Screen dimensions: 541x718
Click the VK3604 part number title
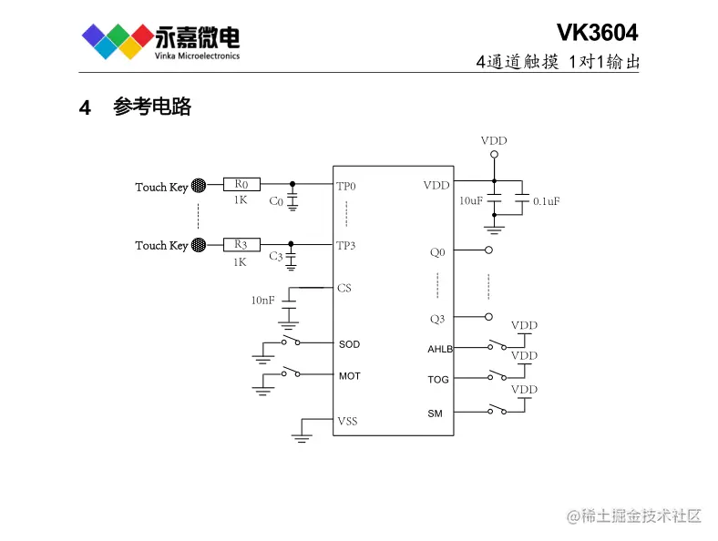597,33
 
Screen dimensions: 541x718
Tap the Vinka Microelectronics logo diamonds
117,41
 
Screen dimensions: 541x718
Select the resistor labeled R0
241,185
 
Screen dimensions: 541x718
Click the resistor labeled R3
241,245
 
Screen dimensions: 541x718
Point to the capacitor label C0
276,201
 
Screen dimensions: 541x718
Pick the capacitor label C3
276,258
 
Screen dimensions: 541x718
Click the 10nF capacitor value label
262,301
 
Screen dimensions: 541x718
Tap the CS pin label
344,289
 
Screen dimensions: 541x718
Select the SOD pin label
349,344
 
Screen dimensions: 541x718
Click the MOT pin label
349,376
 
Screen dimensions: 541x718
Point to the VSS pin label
347,421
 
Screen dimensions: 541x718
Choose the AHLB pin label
440,349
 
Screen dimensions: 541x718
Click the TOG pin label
438,380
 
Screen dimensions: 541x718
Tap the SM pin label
435,413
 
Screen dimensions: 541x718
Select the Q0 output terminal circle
489,250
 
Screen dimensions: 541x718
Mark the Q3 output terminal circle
489,317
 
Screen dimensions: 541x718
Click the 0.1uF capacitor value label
546,201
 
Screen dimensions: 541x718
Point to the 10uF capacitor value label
471,200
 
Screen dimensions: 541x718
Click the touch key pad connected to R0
199,186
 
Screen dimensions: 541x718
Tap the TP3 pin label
346,246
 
